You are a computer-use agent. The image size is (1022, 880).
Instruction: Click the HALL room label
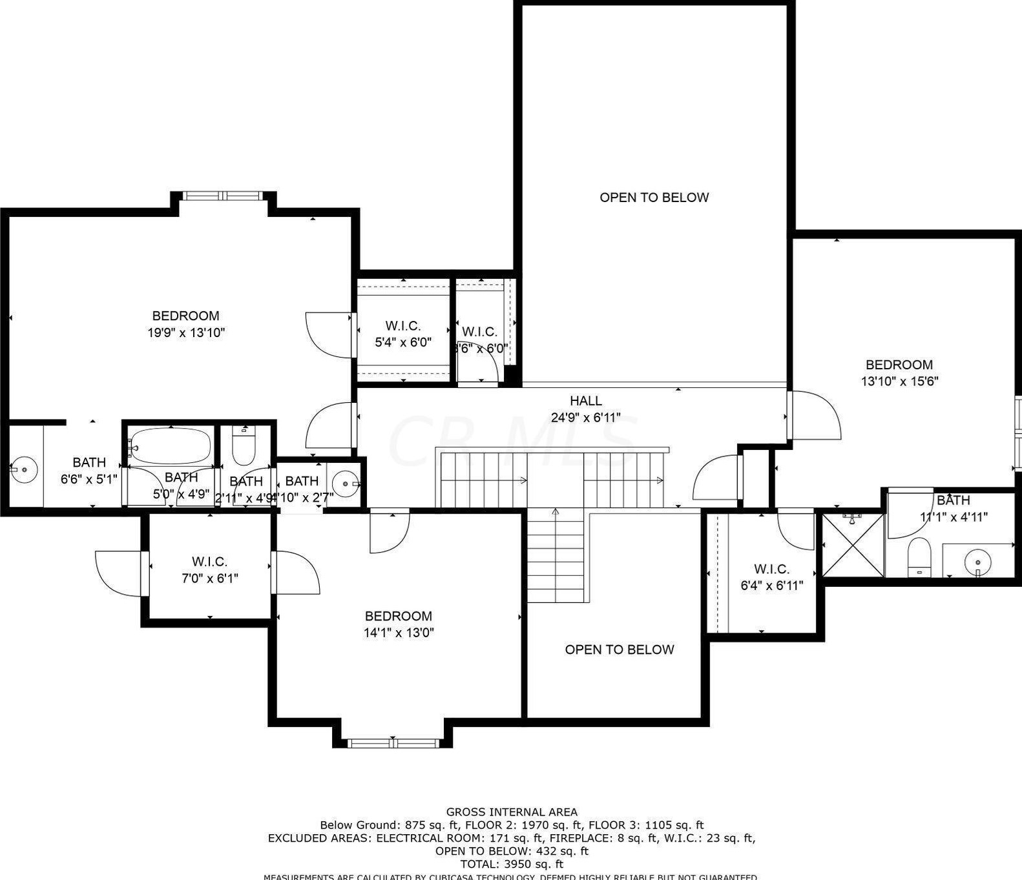pyautogui.click(x=585, y=401)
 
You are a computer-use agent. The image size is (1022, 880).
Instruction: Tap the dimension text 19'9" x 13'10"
pyautogui.click(x=186, y=333)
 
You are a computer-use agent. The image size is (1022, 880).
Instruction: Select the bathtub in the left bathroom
pyautogui.click(x=171, y=446)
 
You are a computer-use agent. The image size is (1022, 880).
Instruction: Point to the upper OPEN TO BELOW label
pyautogui.click(x=654, y=198)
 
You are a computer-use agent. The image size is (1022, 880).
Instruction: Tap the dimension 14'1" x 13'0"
pyautogui.click(x=399, y=633)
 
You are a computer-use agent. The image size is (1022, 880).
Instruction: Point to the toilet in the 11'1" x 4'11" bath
pyautogui.click(x=919, y=556)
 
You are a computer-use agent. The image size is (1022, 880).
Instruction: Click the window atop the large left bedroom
pyautogui.click(x=222, y=196)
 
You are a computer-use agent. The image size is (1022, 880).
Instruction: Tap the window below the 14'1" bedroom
pyautogui.click(x=393, y=743)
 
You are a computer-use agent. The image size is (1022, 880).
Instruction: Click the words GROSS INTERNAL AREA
pyautogui.click(x=512, y=812)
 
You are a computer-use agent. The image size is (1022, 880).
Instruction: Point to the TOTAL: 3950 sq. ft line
pyautogui.click(x=512, y=864)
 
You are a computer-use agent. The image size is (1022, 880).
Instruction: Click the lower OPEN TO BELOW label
pyautogui.click(x=619, y=650)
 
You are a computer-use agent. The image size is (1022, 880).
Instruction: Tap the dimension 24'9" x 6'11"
pyautogui.click(x=585, y=418)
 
